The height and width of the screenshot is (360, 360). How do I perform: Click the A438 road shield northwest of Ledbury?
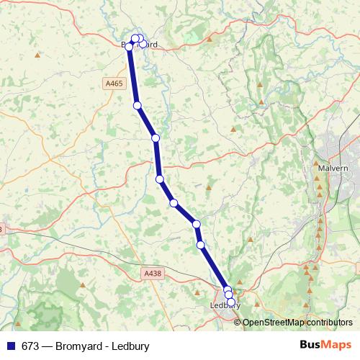(x=153, y=273)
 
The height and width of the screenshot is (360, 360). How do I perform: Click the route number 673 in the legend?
(x=30, y=346)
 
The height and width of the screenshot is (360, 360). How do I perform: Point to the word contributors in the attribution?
(x=329, y=322)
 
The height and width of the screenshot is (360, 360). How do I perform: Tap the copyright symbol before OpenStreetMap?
(x=238, y=322)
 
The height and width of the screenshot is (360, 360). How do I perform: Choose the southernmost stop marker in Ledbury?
(x=231, y=303)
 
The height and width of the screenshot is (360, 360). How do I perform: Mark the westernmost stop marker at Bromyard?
(x=130, y=47)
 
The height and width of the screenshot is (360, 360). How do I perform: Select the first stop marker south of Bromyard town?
(x=137, y=106)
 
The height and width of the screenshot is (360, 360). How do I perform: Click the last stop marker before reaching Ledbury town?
(x=200, y=245)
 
